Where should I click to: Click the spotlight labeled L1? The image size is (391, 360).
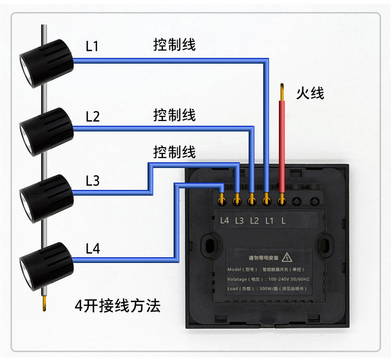(46, 62)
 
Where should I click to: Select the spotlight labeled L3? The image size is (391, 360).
(46, 197)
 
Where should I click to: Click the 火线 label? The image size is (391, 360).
(310, 93)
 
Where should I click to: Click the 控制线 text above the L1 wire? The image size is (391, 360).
(175, 44)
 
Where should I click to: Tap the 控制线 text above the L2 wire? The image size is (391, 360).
(175, 115)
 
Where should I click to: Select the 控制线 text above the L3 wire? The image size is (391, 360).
(175, 152)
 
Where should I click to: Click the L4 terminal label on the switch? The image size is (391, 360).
(225, 220)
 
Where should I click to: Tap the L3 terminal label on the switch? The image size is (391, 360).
(239, 220)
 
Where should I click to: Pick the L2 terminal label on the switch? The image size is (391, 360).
(254, 220)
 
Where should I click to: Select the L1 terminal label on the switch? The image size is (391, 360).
(269, 220)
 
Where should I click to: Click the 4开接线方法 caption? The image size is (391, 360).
(117, 306)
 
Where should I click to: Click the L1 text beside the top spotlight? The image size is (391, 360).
(92, 46)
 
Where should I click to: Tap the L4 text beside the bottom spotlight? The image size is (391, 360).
(92, 249)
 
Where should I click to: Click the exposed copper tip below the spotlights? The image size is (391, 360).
(44, 304)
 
